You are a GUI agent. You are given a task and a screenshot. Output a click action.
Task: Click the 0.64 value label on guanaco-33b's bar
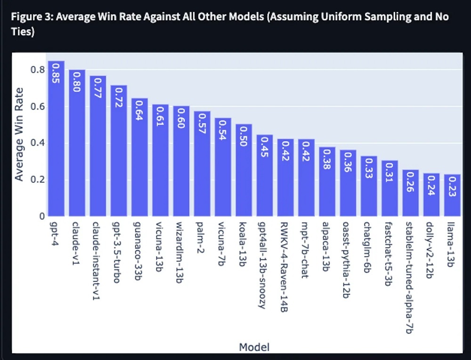point(140,110)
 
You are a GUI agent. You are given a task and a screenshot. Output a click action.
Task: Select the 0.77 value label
point(98,87)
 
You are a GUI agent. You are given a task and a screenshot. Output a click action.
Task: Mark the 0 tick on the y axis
point(42,216)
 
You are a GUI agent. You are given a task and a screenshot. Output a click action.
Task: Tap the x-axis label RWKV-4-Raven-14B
point(285,267)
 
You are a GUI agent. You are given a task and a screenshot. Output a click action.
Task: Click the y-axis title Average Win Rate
point(19,134)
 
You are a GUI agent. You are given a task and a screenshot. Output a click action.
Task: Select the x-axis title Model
point(254,348)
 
